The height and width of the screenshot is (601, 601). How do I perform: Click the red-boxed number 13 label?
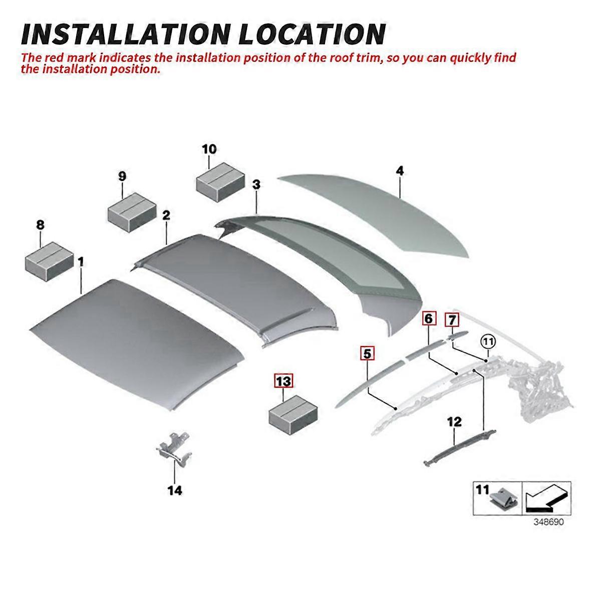pos(283,381)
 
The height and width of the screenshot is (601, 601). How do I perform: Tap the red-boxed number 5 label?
pos(368,354)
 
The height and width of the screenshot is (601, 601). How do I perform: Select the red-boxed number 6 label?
pos(429,319)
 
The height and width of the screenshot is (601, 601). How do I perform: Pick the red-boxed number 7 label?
pos(452,320)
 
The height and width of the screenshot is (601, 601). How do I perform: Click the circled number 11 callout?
pos(488,342)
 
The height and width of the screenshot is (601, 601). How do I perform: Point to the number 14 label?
pos(175,491)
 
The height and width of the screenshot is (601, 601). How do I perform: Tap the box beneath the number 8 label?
pos(50,261)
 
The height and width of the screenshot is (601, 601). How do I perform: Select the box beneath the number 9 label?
pos(132,212)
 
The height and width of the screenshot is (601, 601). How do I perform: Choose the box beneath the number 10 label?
pos(220,182)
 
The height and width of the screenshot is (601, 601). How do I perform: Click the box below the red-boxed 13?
pos(293,415)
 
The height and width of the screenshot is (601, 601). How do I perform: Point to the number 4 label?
pos(400,171)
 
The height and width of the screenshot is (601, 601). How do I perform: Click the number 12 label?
pos(454,422)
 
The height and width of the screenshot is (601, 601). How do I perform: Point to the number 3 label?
pos(256,185)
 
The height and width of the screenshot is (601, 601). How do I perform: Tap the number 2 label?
pos(166,215)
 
